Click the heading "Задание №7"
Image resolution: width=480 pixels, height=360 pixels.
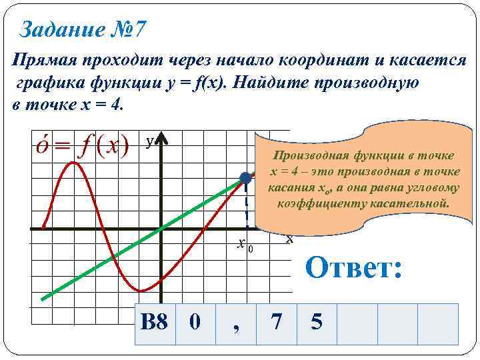[x=84, y=30]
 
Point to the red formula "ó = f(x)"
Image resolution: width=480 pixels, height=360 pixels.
[x=81, y=145]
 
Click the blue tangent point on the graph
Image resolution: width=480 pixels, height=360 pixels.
[x=245, y=177]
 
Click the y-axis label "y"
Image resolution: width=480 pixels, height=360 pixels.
[x=150, y=141]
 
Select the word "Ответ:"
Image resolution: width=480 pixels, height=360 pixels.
[x=353, y=269]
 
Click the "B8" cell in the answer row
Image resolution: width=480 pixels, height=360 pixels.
[x=155, y=323]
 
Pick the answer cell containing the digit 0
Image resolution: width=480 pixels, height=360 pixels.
[x=195, y=323]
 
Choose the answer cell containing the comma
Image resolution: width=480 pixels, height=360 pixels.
[x=236, y=323]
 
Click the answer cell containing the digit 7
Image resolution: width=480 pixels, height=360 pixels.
[x=276, y=323]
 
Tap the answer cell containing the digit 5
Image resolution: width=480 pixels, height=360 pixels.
[x=317, y=323]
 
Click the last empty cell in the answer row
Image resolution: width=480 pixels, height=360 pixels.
[x=438, y=323]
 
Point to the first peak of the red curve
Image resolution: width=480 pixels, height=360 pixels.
[x=75, y=162]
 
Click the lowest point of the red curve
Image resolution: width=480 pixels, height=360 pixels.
[x=141, y=291]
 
